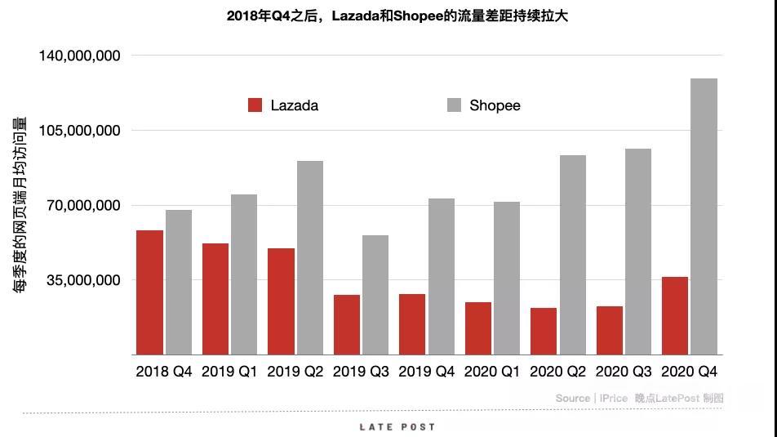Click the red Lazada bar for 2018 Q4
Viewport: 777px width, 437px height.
tap(149, 292)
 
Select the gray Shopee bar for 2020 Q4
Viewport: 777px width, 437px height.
tap(704, 216)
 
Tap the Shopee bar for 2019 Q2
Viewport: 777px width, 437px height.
tap(310, 257)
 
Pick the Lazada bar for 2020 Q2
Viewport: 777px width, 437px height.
tap(544, 331)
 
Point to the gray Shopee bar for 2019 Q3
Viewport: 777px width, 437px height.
tap(375, 295)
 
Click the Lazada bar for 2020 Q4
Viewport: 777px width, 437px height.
tap(675, 315)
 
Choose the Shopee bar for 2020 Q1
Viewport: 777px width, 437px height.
tap(507, 278)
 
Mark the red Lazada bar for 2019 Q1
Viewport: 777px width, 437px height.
tap(215, 299)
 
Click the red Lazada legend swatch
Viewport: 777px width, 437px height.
tap(255, 105)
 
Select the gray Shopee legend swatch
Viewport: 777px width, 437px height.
tap(455, 105)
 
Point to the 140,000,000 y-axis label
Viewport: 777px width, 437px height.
tap(80, 56)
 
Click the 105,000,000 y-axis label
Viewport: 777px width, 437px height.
tap(80, 131)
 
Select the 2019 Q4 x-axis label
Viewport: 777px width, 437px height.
tap(427, 372)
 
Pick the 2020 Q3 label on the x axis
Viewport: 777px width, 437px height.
tap(624, 372)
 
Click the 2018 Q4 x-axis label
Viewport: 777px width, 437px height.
tap(164, 372)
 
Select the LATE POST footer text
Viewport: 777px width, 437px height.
tap(397, 427)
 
